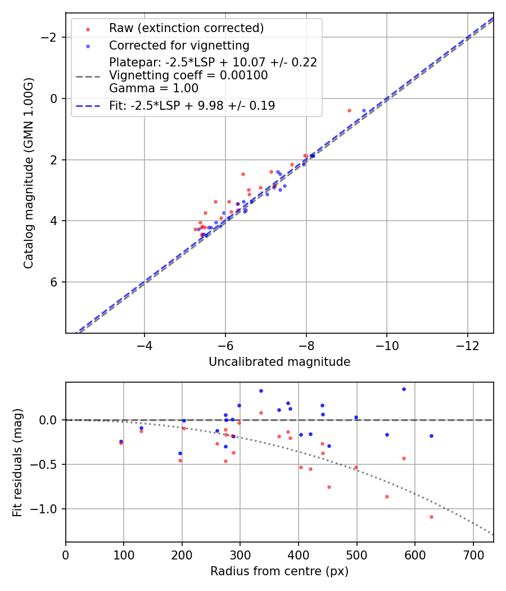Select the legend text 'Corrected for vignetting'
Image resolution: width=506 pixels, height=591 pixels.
(179, 45)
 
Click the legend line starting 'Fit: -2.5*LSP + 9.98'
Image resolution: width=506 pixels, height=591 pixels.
(192, 105)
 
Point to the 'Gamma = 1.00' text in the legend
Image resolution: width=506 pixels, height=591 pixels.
(153, 88)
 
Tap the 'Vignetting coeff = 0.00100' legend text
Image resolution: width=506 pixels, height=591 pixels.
(188, 75)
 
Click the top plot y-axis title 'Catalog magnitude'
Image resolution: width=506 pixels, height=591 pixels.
(29, 173)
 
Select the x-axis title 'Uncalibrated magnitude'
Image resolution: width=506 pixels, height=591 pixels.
(279, 362)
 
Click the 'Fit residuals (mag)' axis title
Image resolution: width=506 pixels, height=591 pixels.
(17, 462)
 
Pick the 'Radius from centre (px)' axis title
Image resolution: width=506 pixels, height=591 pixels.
(279, 571)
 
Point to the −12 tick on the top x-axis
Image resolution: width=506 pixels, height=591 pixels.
(468, 343)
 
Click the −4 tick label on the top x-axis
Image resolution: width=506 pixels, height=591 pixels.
(144, 343)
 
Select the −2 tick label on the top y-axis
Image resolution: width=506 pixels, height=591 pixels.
(52, 37)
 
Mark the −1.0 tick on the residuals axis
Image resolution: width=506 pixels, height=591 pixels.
(49, 509)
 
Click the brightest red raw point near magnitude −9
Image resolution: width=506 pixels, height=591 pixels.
(349, 110)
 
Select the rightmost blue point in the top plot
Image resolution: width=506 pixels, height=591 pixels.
(364, 111)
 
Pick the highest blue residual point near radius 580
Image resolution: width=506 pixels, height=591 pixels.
(404, 389)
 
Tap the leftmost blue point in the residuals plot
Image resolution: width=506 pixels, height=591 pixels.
(121, 441)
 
